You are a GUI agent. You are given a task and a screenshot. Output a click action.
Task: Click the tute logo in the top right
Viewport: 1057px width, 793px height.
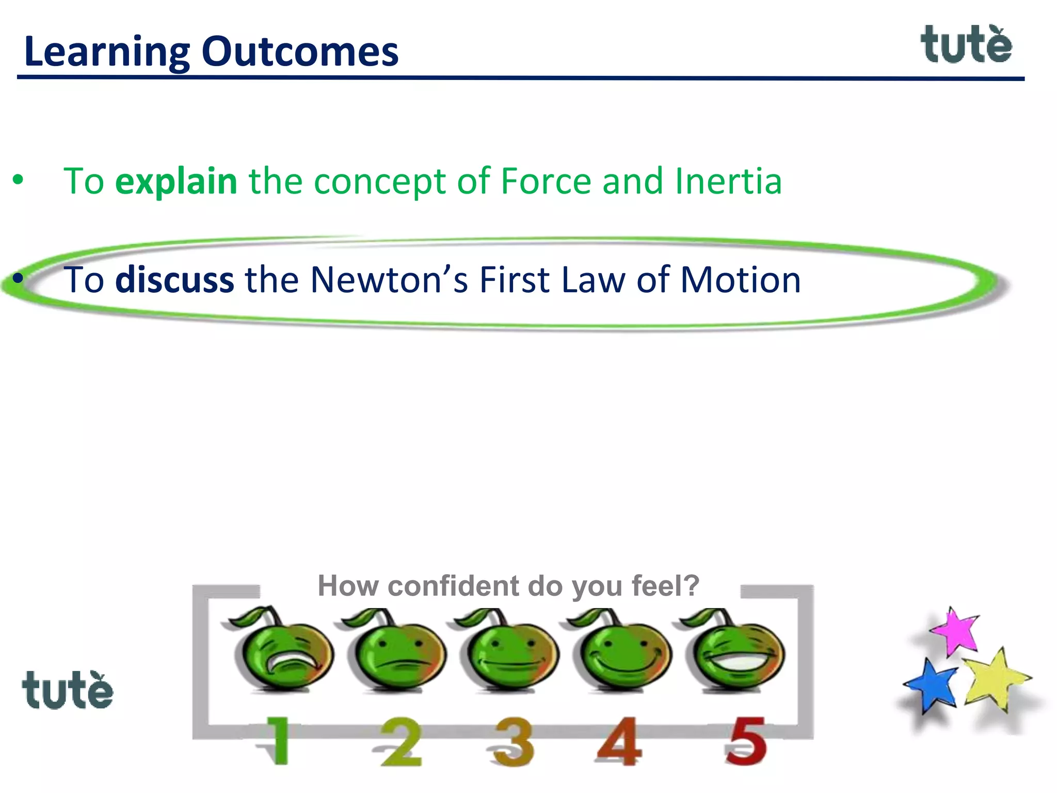coord(966,45)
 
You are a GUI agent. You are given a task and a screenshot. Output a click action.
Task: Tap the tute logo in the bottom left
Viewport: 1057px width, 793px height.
coord(68,690)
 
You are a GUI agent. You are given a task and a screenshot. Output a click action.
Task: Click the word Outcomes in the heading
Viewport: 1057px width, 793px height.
coord(300,52)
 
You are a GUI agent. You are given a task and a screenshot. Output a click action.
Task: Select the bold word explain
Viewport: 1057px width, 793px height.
coord(176,182)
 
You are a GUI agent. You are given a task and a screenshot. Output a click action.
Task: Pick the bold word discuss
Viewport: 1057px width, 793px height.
coord(174,280)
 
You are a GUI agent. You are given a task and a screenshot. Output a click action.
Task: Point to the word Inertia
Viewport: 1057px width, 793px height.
coord(728,181)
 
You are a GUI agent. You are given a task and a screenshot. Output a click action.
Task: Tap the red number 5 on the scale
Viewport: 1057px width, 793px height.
coord(745,741)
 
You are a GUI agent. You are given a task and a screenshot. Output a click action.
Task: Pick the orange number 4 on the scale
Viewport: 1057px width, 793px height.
coord(620,741)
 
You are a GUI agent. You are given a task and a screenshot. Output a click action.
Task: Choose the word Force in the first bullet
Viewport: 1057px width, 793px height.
coord(546,181)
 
